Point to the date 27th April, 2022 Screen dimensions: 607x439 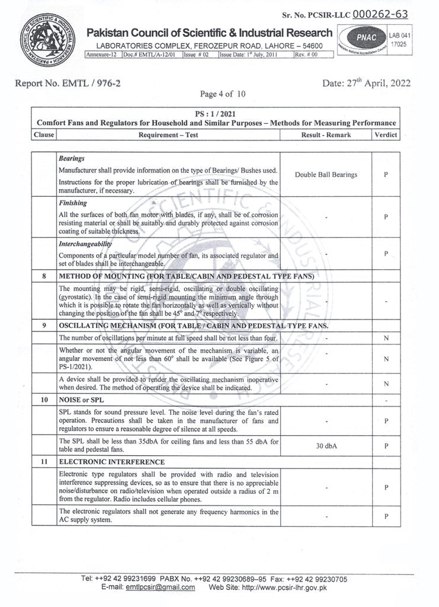tap(366, 84)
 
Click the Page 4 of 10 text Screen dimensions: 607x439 tap(222, 94)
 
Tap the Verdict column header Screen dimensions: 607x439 tap(386, 135)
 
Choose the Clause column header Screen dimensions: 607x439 tap(44, 135)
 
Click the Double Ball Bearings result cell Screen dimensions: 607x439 tap(326, 175)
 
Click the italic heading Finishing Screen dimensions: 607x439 tap(73, 203)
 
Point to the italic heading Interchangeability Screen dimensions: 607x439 tap(86, 244)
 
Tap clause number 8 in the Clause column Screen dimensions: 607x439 tap(44, 277)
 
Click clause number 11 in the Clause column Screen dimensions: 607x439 tap(44, 461)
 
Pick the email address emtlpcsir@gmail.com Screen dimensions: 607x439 tap(160, 587)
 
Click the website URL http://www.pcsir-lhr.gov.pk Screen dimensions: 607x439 tap(281, 587)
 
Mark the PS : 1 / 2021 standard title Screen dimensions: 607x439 tap(216, 113)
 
